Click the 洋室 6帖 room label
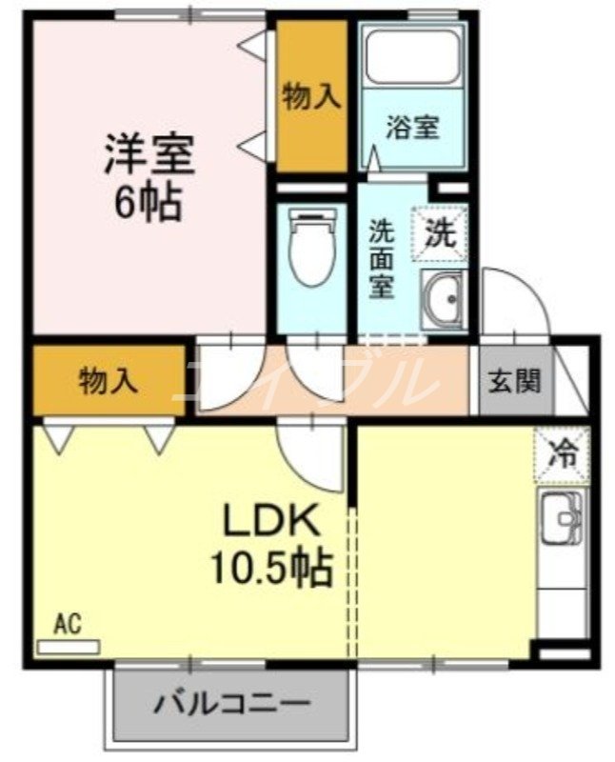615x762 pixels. point(149,177)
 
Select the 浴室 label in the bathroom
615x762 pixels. point(412,127)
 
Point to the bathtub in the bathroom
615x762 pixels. point(412,57)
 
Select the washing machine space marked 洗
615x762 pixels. point(440,233)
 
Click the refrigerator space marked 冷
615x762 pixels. point(562,455)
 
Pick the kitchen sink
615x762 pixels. point(562,518)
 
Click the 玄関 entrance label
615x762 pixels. point(514,380)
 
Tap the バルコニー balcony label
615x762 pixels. point(231,703)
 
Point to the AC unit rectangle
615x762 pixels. point(69,647)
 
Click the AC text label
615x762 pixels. point(67,624)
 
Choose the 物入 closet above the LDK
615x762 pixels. point(109,380)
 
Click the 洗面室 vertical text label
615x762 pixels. point(382,258)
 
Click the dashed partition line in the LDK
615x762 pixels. point(353,582)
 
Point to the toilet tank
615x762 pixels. point(312,212)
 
